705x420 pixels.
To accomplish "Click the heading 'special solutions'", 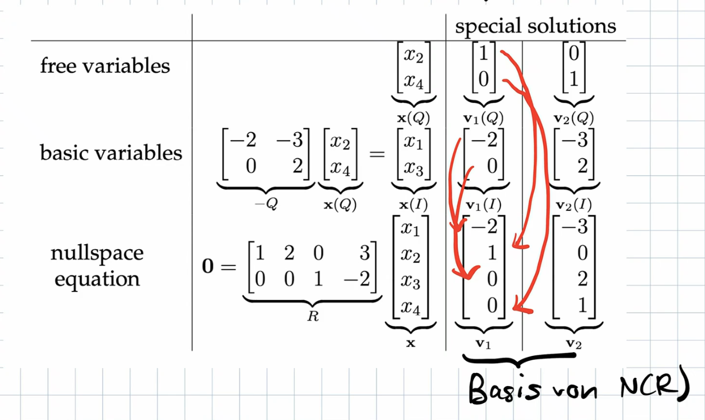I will [535, 26].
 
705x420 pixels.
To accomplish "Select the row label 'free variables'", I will [105, 66].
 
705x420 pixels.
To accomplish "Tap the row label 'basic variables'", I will [111, 153].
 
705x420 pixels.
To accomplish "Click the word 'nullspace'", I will [97, 253].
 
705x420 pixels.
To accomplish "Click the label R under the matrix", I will [312, 316].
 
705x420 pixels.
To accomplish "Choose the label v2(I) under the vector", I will [573, 205].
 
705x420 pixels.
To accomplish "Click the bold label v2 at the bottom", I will [573, 343].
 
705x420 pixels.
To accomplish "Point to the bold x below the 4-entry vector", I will [410, 343].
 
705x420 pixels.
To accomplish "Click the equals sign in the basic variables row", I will [377, 154].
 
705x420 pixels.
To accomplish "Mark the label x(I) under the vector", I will [410, 205].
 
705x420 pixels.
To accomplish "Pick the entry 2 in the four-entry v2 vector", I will [582, 280].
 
